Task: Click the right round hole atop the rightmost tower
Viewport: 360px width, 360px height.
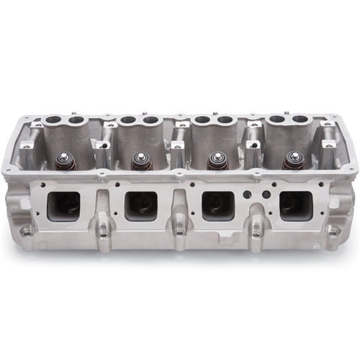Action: click(298, 118)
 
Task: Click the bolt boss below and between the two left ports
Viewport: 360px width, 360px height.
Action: click(102, 232)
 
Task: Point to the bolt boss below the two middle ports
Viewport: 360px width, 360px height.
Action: click(178, 232)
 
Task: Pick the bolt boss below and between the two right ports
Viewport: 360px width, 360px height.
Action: click(255, 232)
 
